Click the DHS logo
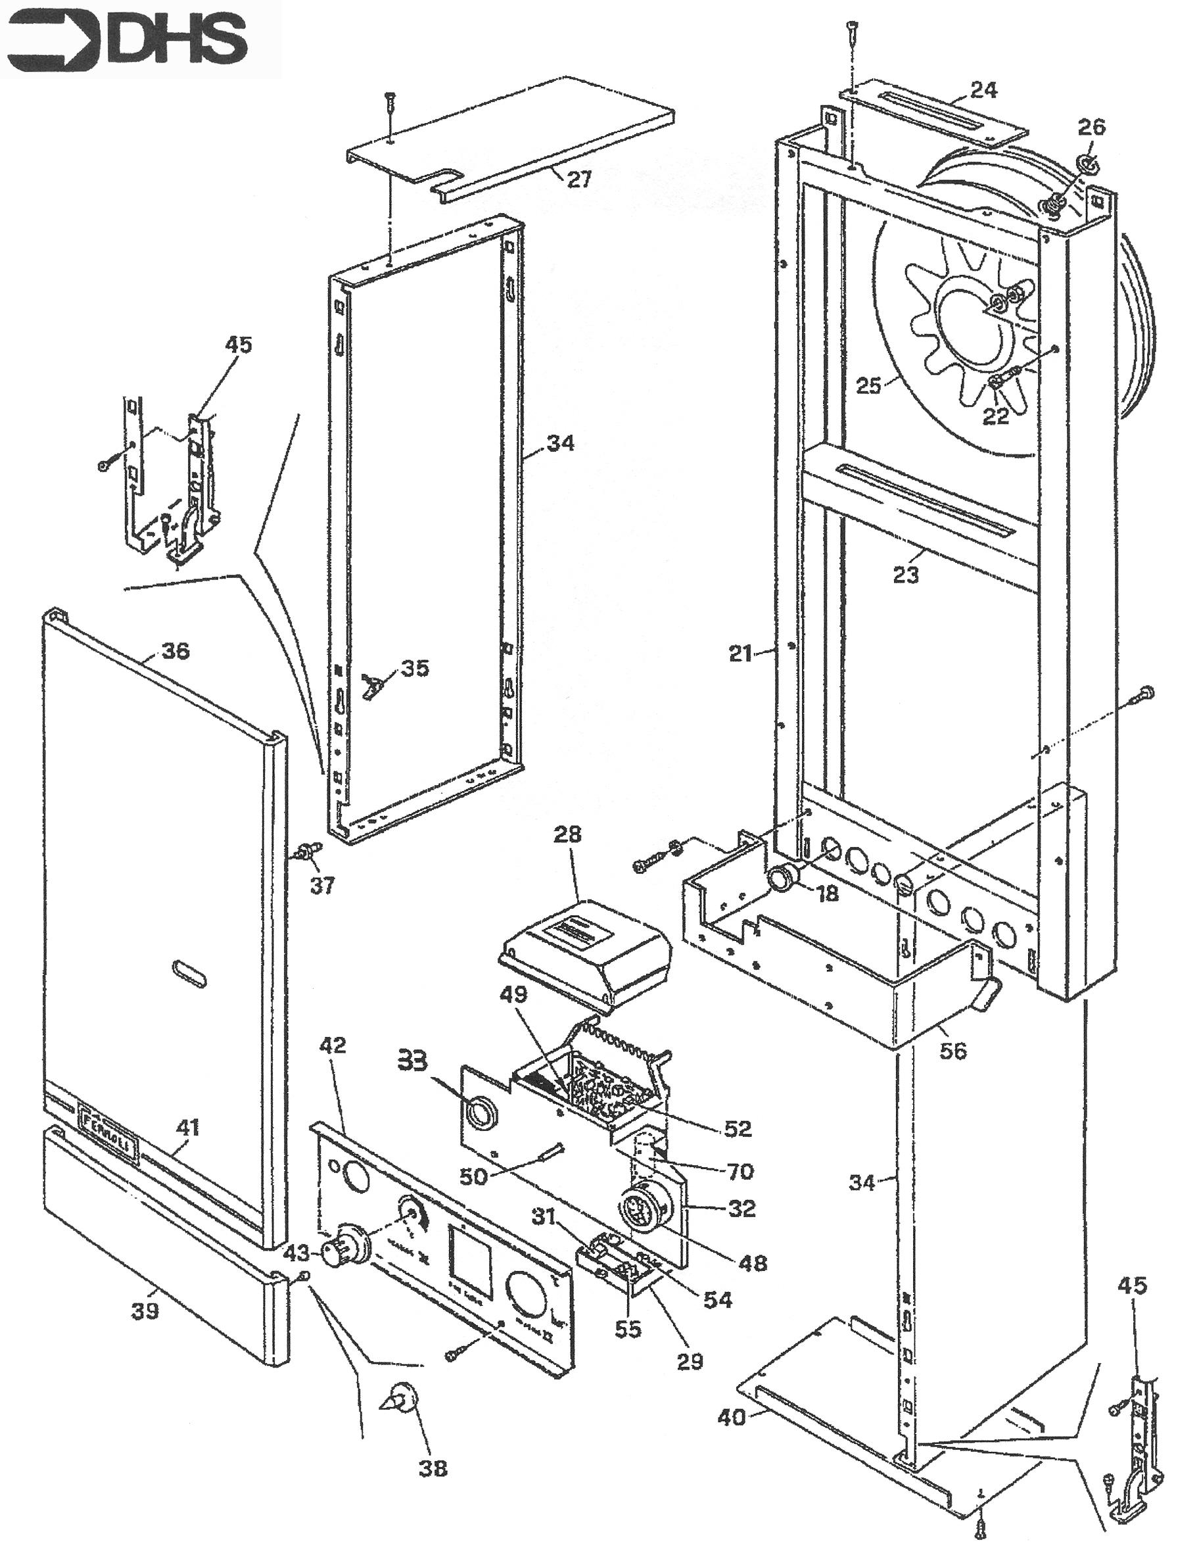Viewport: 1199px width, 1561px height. click(x=126, y=39)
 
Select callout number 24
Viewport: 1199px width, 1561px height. click(x=983, y=91)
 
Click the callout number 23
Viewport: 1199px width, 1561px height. click(x=906, y=575)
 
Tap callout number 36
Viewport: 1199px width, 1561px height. click(x=176, y=651)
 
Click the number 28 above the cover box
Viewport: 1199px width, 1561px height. click(x=567, y=834)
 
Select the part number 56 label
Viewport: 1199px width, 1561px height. click(x=952, y=1051)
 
